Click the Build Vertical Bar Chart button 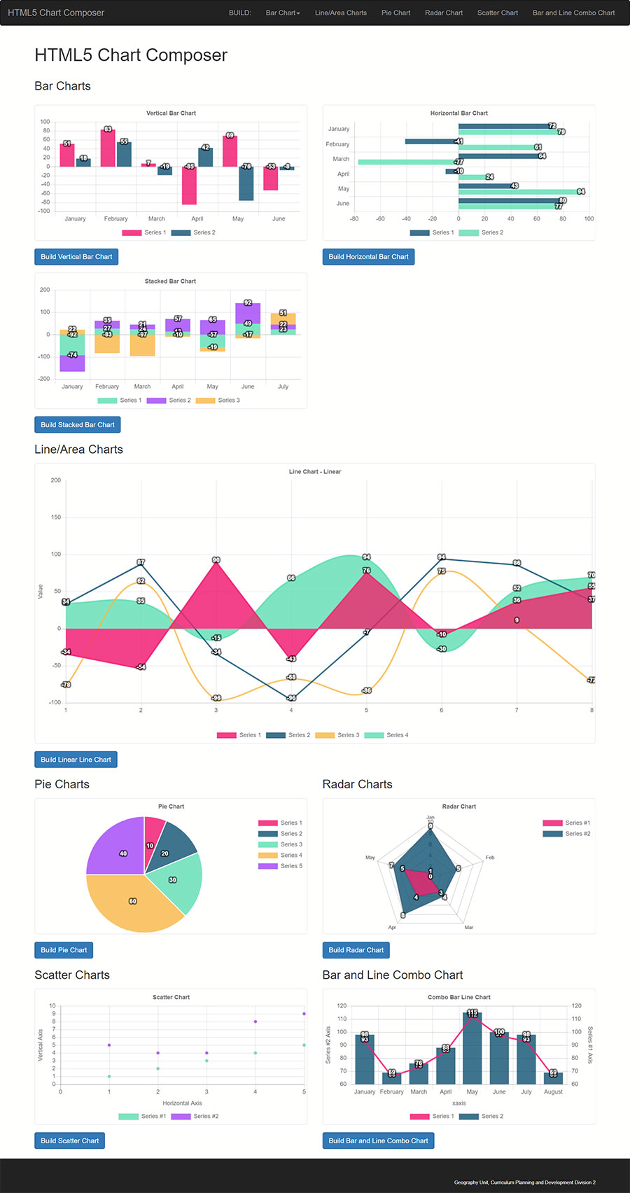click(76, 257)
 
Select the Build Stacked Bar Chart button click(78, 425)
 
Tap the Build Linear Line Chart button click(76, 760)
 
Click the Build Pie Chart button click(64, 950)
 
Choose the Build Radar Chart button click(356, 950)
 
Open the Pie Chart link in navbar click(395, 13)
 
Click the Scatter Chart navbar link click(498, 13)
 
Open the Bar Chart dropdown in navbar click(283, 13)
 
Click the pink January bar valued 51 click(67, 155)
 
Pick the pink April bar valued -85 click(189, 186)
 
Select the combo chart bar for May click(472, 1048)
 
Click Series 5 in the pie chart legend click(290, 866)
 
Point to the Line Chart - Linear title click(315, 472)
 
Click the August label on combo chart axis click(553, 1092)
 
